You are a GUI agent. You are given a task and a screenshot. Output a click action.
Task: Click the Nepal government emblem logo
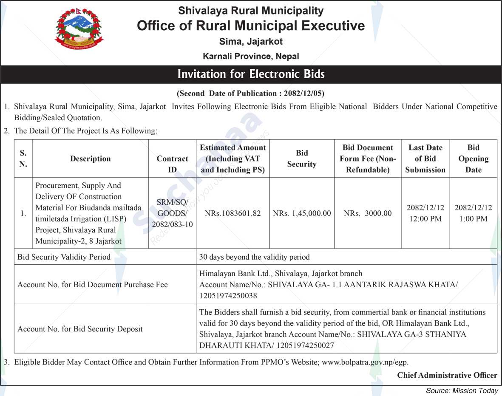(79, 29)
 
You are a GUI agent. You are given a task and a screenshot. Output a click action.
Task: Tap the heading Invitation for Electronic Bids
(251, 74)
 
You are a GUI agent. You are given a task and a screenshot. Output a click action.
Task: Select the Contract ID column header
(172, 164)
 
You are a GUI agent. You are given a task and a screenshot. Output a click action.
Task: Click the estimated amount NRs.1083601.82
(233, 213)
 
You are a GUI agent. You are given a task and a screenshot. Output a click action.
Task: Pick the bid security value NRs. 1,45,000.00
(302, 213)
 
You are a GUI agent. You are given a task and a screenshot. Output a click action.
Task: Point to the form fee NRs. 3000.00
(368, 213)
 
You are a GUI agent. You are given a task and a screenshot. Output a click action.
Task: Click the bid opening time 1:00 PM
(473, 219)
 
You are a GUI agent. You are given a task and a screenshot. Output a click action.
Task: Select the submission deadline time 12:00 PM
(425, 219)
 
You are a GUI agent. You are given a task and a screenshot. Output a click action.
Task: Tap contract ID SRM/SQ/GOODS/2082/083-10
(172, 213)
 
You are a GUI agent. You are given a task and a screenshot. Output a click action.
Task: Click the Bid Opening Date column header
(473, 158)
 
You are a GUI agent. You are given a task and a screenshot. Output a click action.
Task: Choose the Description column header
(90, 158)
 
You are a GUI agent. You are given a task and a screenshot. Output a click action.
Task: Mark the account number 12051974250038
(228, 295)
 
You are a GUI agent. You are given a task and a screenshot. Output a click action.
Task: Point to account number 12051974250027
(305, 345)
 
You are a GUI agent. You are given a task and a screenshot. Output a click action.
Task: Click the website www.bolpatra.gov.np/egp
(365, 362)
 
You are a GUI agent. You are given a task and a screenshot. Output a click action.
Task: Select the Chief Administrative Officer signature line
(447, 375)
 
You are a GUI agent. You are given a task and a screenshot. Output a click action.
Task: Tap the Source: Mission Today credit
(462, 390)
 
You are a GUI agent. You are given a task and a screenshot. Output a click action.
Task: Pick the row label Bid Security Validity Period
(64, 257)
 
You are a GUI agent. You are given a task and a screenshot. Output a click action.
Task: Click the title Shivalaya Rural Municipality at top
(251, 11)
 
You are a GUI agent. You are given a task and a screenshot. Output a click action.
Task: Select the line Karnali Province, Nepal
(251, 56)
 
